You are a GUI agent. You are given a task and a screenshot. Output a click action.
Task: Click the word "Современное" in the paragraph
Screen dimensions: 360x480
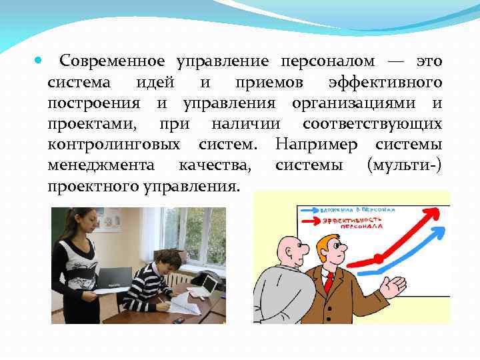pyautogui.click(x=111, y=62)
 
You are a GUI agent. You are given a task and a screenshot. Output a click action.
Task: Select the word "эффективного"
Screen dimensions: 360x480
pyautogui.click(x=385, y=83)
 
